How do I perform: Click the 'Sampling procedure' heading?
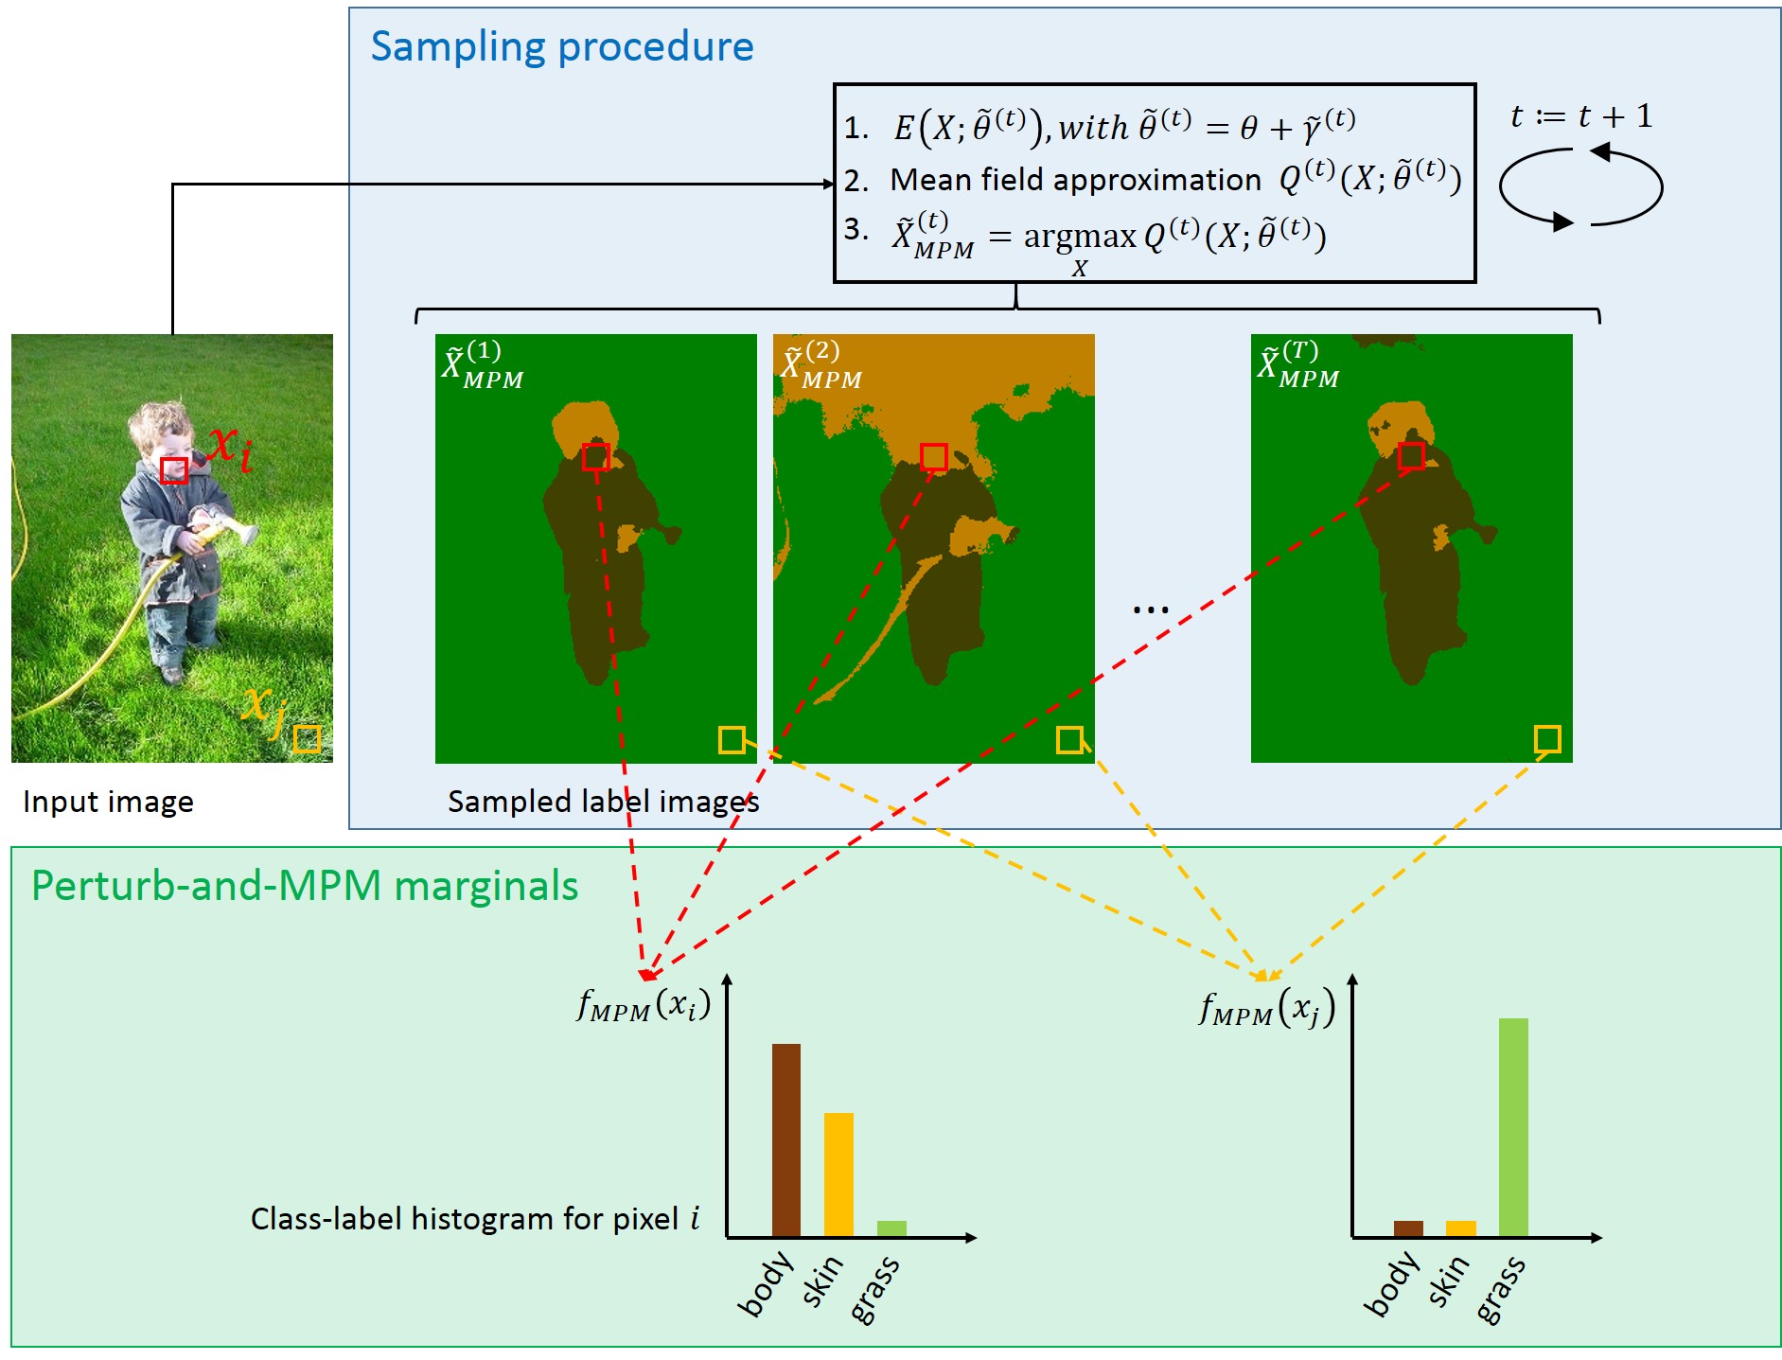point(561,46)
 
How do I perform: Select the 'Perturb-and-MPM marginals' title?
point(304,886)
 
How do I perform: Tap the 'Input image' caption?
point(108,802)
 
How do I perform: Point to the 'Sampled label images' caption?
point(603,802)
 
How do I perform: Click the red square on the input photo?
point(174,470)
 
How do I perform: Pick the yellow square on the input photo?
point(307,738)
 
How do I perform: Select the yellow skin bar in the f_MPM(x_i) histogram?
point(838,1174)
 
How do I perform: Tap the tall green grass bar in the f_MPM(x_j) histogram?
point(1512,1126)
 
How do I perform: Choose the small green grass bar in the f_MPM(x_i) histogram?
point(891,1228)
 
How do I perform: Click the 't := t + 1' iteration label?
point(1580,116)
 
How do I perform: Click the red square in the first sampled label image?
point(595,457)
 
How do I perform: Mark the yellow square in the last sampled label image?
point(1547,738)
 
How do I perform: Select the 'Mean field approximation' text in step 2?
point(1075,180)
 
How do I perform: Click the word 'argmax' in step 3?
point(1079,236)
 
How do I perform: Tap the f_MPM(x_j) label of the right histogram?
point(1266,1009)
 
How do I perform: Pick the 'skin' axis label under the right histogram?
point(1448,1282)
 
